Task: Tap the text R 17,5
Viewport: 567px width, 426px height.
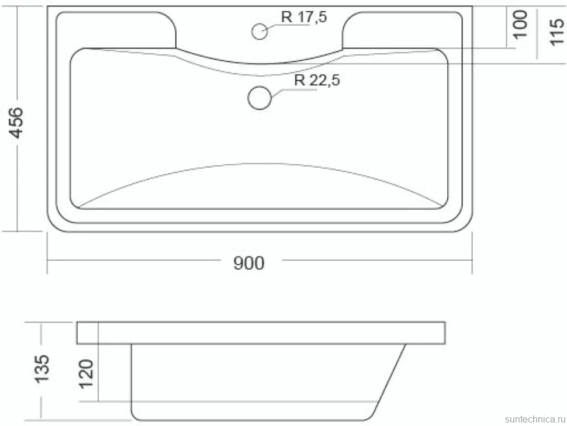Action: (304, 16)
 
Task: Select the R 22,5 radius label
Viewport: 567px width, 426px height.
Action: (317, 80)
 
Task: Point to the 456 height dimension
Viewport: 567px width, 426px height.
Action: (16, 123)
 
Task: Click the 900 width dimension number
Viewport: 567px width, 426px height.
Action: (249, 263)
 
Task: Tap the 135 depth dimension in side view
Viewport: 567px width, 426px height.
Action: (42, 369)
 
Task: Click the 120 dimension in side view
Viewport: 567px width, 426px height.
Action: (86, 374)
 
